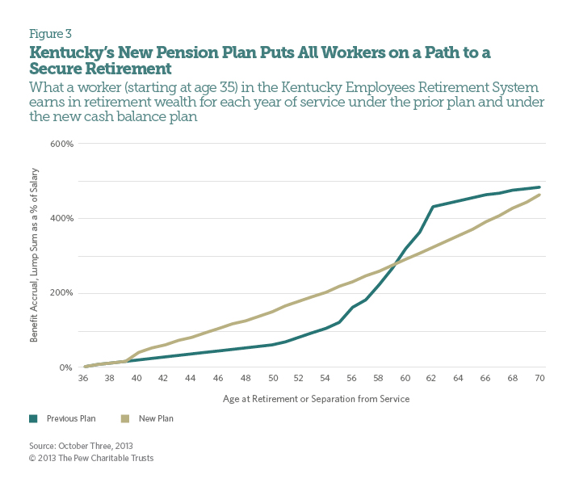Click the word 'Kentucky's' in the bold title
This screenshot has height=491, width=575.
65,52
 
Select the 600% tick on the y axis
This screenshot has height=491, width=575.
63,144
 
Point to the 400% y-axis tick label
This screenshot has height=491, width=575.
63,218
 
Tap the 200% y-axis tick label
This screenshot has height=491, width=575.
63,292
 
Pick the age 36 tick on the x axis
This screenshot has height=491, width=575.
83,378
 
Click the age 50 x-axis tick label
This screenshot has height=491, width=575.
273,378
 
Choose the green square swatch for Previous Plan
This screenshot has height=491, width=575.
34,418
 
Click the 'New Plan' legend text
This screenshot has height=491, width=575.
156,418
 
